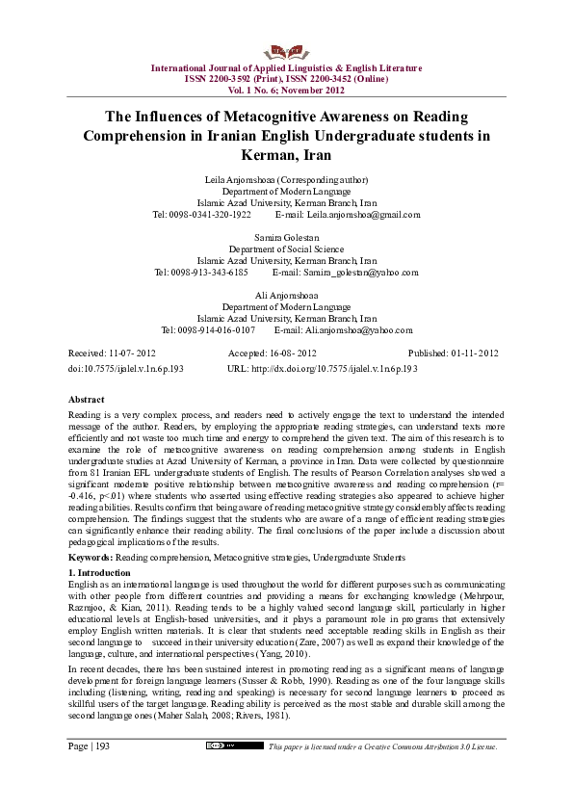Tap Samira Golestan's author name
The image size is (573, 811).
coord(286,237)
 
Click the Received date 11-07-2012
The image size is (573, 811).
coord(132,353)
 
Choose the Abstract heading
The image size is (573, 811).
coord(87,399)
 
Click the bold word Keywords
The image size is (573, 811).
coord(92,558)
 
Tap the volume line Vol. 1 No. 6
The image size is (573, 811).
coord(286,89)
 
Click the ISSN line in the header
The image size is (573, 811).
coord(286,79)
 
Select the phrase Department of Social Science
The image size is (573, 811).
coord(286,249)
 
